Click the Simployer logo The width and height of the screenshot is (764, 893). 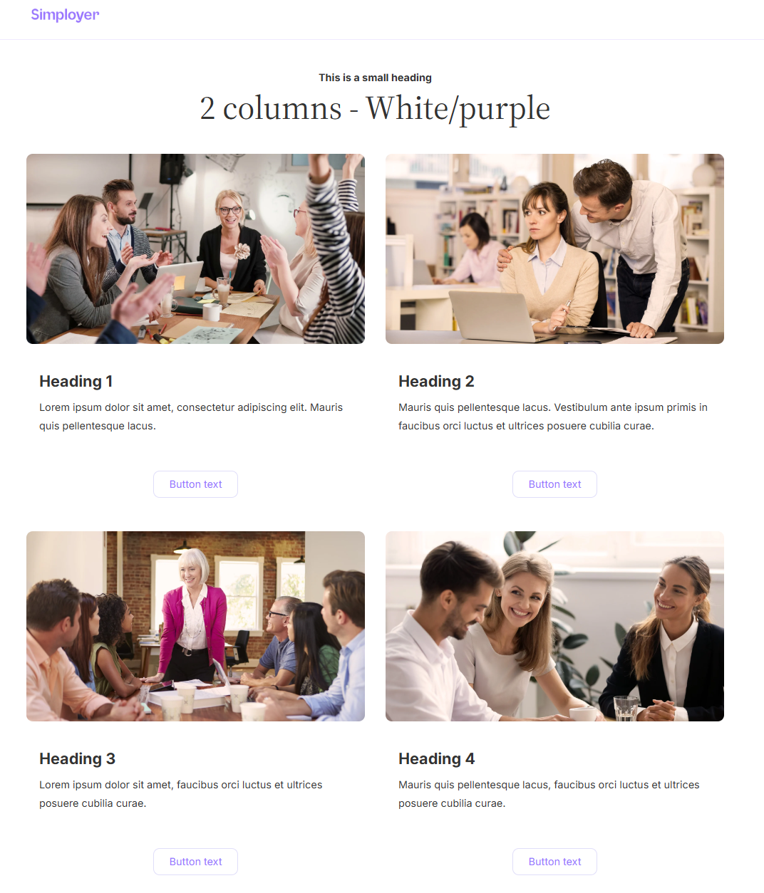click(65, 15)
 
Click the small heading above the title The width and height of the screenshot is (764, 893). click(375, 78)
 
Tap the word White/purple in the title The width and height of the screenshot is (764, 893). click(458, 109)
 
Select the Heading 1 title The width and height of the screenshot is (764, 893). click(76, 382)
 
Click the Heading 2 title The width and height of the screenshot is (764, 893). click(436, 382)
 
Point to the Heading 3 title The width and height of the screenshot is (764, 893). click(77, 758)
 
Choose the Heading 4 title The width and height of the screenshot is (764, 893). click(436, 758)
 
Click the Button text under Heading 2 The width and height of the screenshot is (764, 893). click(554, 484)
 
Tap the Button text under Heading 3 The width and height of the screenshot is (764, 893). click(195, 862)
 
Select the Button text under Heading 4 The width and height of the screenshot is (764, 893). click(554, 862)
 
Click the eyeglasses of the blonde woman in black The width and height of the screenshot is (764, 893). click(230, 210)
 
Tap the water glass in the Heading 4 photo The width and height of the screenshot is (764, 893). click(625, 708)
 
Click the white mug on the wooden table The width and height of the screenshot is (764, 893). click(211, 311)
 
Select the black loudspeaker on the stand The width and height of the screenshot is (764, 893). click(172, 169)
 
